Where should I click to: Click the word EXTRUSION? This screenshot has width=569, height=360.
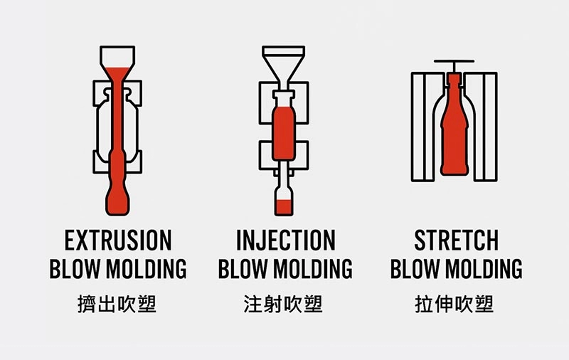[118, 240]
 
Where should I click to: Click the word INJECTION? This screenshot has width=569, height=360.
[286, 240]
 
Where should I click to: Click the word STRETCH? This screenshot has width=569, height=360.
[456, 240]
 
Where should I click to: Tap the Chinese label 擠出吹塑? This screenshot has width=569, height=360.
[117, 304]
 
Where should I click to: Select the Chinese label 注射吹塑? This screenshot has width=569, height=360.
[283, 304]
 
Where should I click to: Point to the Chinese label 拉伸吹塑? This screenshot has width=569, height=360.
[454, 304]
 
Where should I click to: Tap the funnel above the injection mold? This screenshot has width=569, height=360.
[283, 68]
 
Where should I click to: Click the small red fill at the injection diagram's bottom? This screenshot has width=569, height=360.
[283, 207]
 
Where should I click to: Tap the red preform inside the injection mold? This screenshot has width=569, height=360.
[283, 133]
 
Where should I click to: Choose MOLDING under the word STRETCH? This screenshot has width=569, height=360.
[484, 269]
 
